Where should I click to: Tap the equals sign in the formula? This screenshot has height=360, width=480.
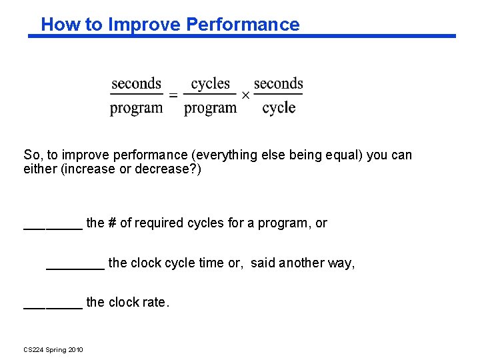tap(173, 95)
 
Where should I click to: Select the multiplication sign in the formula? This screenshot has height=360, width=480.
tap(245, 95)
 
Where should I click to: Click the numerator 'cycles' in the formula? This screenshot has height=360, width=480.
tap(210, 84)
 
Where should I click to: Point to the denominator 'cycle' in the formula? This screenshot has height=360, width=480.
tap(279, 108)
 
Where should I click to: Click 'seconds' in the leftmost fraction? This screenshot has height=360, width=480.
tap(136, 84)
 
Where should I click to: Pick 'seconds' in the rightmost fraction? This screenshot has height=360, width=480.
tap(278, 84)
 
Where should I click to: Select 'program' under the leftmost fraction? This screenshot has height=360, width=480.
tap(136, 108)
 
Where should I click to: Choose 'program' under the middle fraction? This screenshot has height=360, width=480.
tap(210, 108)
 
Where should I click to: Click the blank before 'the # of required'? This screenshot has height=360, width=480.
tap(53, 227)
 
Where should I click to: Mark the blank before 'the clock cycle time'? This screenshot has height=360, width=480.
tap(75, 267)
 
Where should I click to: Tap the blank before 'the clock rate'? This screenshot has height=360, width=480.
tap(53, 306)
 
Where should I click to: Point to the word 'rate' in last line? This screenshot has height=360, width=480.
tap(156, 303)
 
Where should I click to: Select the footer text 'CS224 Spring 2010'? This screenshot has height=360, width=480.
tap(53, 350)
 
